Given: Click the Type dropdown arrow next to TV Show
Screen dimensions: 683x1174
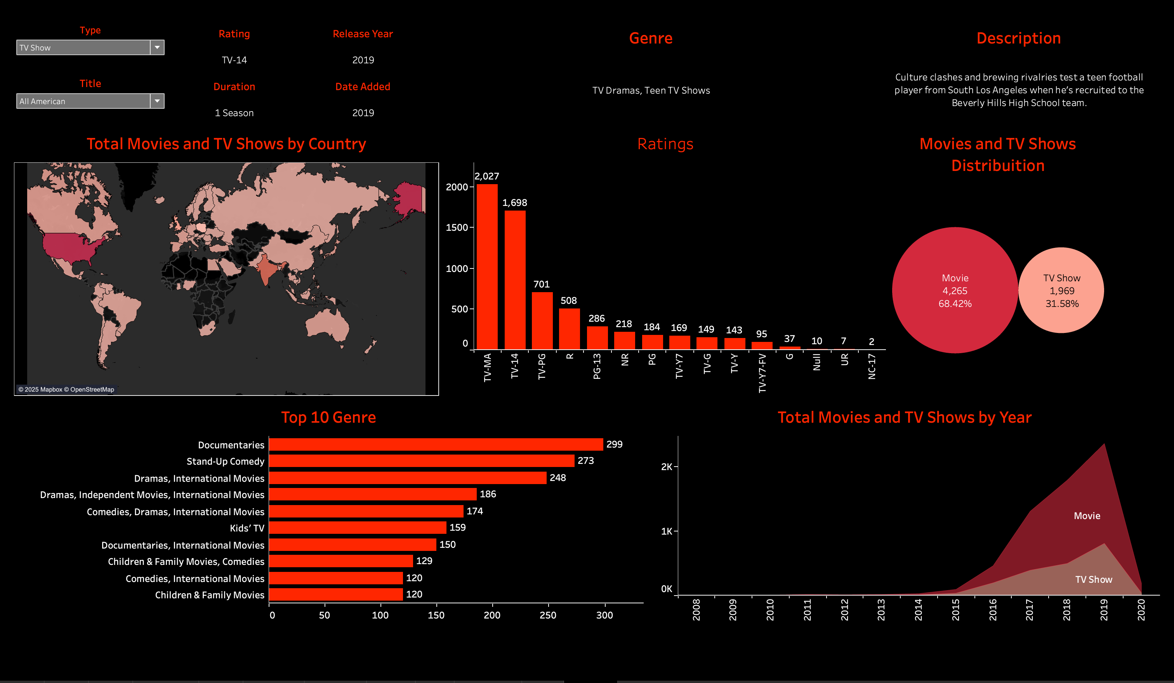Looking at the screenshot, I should (x=157, y=47).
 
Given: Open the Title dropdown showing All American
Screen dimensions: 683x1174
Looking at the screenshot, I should (x=157, y=101).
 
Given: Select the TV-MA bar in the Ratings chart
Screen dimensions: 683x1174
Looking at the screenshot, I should (x=487, y=266).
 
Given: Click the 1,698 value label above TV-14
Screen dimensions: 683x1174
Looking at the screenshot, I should (x=514, y=203).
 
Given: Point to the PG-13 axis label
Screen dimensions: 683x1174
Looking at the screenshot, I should (x=597, y=366).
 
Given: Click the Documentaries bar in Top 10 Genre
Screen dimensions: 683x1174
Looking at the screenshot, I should (x=436, y=444).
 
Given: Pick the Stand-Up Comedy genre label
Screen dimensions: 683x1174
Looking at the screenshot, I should (x=226, y=462).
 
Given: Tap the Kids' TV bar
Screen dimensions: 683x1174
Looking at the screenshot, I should (x=357, y=528).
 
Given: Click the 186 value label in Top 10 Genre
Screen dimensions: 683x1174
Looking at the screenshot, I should (x=488, y=494).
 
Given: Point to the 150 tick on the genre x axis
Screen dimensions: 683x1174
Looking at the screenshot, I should (x=436, y=615).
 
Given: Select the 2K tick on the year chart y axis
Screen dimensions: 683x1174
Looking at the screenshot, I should (x=667, y=467).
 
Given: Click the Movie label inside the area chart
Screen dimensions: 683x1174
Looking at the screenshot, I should (x=1087, y=516).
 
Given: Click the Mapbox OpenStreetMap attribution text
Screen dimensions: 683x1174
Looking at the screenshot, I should (x=66, y=390).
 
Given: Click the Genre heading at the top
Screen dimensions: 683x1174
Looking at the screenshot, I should (x=650, y=38).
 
